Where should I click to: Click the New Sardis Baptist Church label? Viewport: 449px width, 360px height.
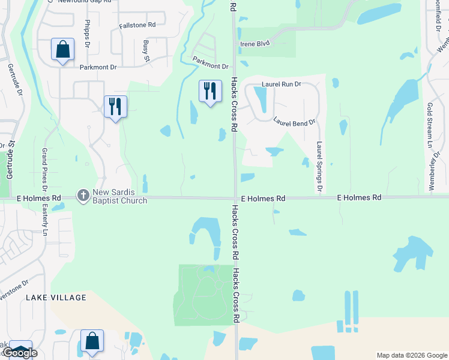(119, 197)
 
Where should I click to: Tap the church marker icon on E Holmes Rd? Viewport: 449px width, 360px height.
(83, 194)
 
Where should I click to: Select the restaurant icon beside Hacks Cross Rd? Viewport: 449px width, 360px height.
(210, 92)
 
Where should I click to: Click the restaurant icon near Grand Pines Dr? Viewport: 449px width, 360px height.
(115, 107)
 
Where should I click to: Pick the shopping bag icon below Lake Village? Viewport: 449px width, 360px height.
(92, 341)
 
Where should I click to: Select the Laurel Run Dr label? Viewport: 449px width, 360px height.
(281, 85)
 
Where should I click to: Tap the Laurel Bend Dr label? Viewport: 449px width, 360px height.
(294, 122)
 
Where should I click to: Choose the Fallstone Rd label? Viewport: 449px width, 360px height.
(137, 25)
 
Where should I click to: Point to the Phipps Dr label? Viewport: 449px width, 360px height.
(87, 40)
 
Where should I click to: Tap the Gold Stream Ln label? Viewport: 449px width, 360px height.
(430, 125)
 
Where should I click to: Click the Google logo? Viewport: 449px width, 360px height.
(20, 352)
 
